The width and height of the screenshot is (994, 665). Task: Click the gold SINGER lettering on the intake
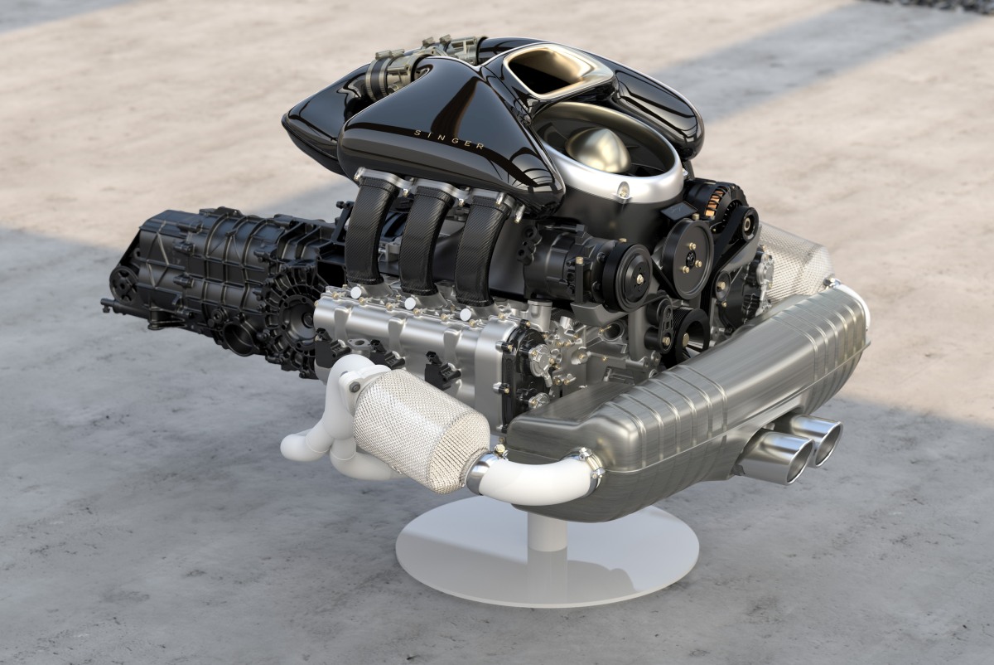point(449,138)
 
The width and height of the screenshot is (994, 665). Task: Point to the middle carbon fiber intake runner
point(421,240)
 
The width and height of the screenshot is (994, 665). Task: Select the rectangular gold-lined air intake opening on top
point(551,70)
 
